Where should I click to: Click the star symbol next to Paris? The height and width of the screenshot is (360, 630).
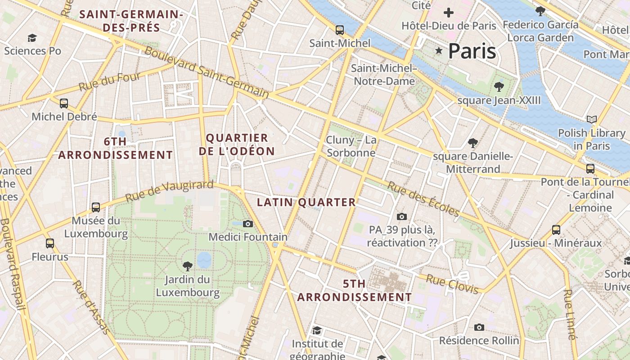[439, 51]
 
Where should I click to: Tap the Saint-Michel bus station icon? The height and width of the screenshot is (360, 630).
[340, 30]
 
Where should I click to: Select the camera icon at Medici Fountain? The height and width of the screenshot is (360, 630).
[247, 224]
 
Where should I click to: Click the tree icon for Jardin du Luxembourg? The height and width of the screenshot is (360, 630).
[188, 266]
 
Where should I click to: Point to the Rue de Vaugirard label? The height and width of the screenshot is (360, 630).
[169, 191]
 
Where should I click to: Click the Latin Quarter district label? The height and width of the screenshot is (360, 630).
[306, 202]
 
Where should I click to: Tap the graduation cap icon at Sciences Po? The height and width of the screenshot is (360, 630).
[32, 38]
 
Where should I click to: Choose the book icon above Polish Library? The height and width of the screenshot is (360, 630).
[592, 119]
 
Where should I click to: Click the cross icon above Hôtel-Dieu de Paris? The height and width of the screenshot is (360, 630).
[449, 13]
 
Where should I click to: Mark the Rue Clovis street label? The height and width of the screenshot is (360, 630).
[452, 284]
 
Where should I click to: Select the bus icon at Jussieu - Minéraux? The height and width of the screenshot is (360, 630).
[556, 230]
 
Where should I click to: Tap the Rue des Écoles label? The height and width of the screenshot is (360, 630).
[423, 199]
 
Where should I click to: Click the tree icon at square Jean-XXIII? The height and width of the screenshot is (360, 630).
[499, 86]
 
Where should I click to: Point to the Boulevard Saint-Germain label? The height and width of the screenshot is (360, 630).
[207, 72]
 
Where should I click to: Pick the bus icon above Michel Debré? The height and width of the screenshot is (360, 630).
[64, 103]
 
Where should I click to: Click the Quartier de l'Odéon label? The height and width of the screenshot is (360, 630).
[237, 144]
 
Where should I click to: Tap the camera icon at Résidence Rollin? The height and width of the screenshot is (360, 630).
[479, 327]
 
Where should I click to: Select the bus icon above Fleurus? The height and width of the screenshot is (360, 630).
[50, 243]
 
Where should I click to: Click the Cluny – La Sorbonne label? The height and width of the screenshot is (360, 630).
[351, 146]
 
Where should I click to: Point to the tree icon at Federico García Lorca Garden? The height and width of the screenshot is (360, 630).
[540, 11]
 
